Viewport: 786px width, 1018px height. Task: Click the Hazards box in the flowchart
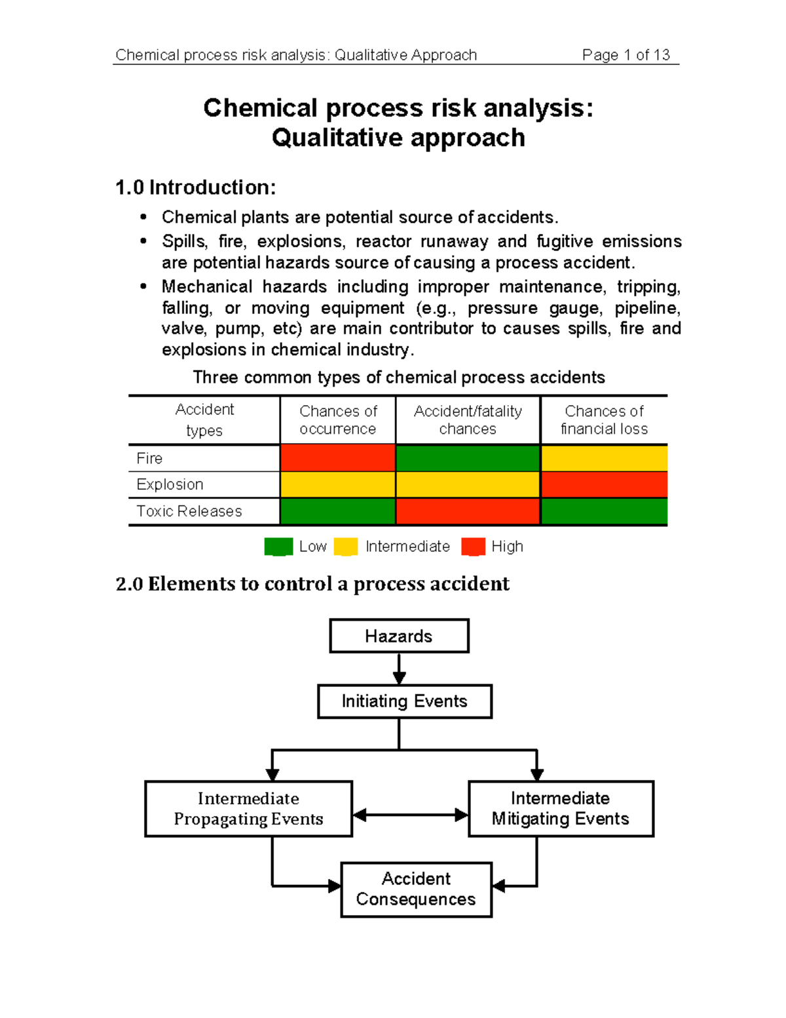click(399, 636)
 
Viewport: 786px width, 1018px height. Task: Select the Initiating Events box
click(404, 701)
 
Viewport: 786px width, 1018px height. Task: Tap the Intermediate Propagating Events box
click(248, 808)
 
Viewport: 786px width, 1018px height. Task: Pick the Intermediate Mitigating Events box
click(561, 808)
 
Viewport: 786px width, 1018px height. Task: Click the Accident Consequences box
click(416, 889)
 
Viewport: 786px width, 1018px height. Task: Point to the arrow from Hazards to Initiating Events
click(399, 669)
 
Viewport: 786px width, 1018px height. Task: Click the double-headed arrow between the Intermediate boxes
click(411, 815)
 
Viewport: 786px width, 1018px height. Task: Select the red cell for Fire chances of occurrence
click(337, 458)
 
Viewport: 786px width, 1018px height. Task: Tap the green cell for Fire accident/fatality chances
click(468, 458)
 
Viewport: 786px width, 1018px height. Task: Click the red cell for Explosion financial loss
click(604, 484)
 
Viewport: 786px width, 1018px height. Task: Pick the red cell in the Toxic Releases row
click(468, 511)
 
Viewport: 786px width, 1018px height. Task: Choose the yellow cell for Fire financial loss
click(604, 458)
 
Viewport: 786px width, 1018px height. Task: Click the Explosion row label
click(170, 484)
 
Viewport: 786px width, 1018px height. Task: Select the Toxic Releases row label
click(189, 511)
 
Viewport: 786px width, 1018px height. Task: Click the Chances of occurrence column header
click(338, 420)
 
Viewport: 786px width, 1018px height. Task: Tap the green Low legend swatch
click(278, 547)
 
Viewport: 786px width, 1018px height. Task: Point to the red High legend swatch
click(473, 547)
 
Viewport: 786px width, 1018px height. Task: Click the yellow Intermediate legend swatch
click(345, 547)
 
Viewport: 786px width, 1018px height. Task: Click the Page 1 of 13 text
click(626, 55)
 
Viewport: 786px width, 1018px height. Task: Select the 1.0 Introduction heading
click(195, 187)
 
